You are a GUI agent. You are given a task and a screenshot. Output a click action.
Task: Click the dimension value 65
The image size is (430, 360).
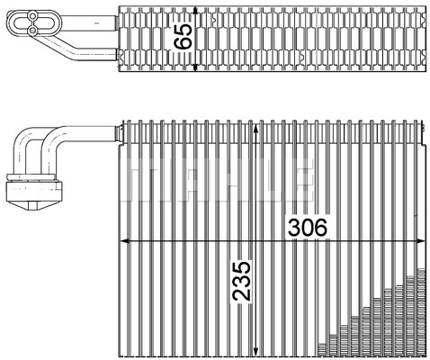183,36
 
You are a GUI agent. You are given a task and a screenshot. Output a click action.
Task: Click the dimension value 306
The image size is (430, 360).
308,227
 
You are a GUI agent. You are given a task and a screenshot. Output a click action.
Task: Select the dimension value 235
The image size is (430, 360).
242,281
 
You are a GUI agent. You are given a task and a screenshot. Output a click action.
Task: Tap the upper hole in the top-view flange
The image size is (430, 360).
32,14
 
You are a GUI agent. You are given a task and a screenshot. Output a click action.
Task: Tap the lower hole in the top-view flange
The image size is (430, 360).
32,30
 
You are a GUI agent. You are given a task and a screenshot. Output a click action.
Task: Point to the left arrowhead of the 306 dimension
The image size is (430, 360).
124,241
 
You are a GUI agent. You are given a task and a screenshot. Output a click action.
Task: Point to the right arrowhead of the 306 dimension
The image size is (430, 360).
420,241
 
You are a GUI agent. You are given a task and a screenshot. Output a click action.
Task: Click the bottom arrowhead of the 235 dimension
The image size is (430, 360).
255,352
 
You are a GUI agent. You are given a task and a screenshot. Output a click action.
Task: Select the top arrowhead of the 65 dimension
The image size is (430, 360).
195,12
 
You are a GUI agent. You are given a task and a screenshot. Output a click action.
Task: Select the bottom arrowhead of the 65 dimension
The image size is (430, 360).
195,67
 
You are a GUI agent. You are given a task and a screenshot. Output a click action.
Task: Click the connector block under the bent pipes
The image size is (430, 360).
34,191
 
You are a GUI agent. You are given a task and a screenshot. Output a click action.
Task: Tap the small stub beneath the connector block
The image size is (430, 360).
33,206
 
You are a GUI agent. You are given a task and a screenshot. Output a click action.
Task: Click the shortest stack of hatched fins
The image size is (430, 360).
322,350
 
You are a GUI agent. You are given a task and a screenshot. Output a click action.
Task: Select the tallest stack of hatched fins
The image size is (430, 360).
421,312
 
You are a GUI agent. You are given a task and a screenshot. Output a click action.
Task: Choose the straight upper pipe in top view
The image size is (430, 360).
88,22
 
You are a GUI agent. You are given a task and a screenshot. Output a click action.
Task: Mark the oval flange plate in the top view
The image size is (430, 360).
34,22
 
